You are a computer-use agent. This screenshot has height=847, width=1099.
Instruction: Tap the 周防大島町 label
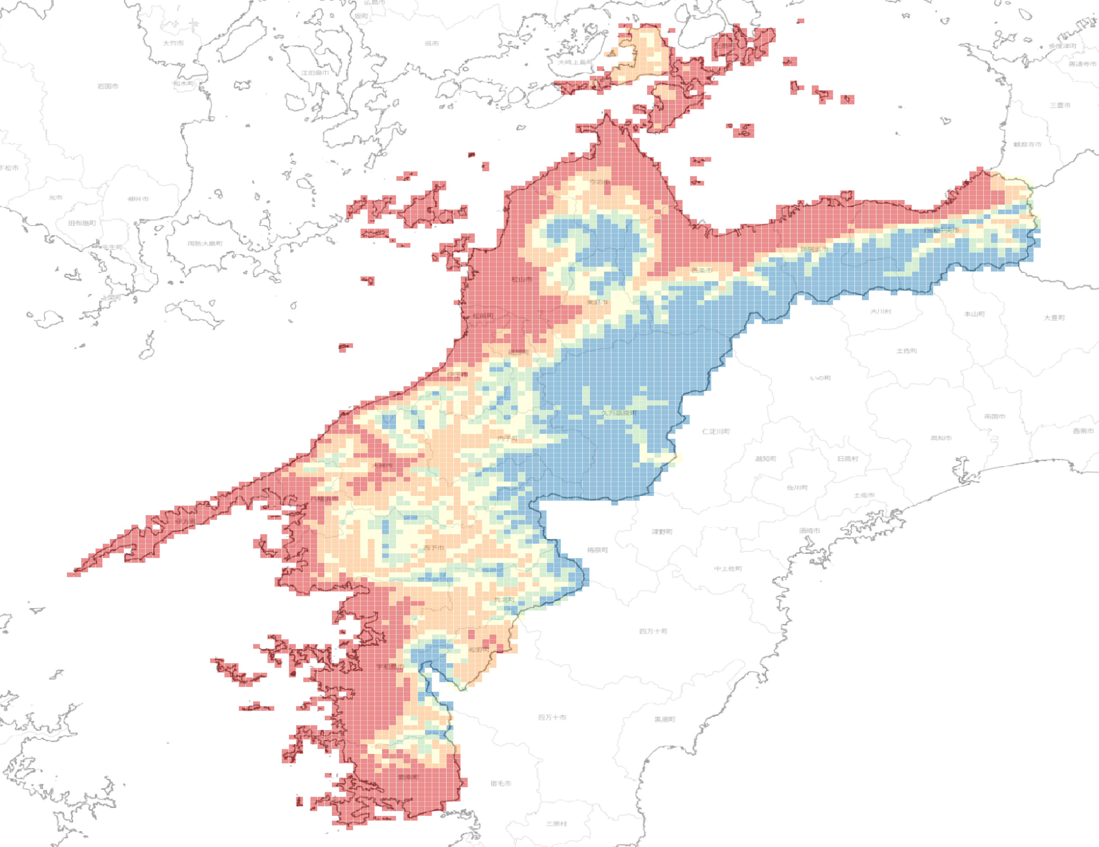[x=205, y=244]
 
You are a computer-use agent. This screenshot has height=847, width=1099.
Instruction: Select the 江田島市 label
[x=315, y=73]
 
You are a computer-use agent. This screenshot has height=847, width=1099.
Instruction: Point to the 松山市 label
[x=522, y=279]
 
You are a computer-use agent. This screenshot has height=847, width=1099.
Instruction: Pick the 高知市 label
[x=941, y=438]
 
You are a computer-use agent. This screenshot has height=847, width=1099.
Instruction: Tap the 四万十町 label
[x=653, y=631]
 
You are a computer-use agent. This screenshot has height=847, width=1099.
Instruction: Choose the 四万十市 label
[x=552, y=717]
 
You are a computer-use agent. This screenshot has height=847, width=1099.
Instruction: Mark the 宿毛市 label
[x=501, y=784]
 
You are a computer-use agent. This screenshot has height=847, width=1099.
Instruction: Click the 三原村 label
[x=556, y=824]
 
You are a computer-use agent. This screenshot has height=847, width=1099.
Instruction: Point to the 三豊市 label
[x=1060, y=105]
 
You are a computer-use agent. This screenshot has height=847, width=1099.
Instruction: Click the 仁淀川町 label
[x=716, y=431]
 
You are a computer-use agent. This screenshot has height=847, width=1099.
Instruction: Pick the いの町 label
[x=820, y=378]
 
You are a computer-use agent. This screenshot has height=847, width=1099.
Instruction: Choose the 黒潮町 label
[x=665, y=720]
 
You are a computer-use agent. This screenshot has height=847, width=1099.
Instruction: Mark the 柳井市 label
[x=138, y=199]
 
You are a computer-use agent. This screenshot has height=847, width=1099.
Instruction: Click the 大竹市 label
[x=173, y=43]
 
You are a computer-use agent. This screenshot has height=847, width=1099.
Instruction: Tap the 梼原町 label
[x=598, y=550]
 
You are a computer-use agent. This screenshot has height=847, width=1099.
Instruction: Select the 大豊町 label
[x=1054, y=317]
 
